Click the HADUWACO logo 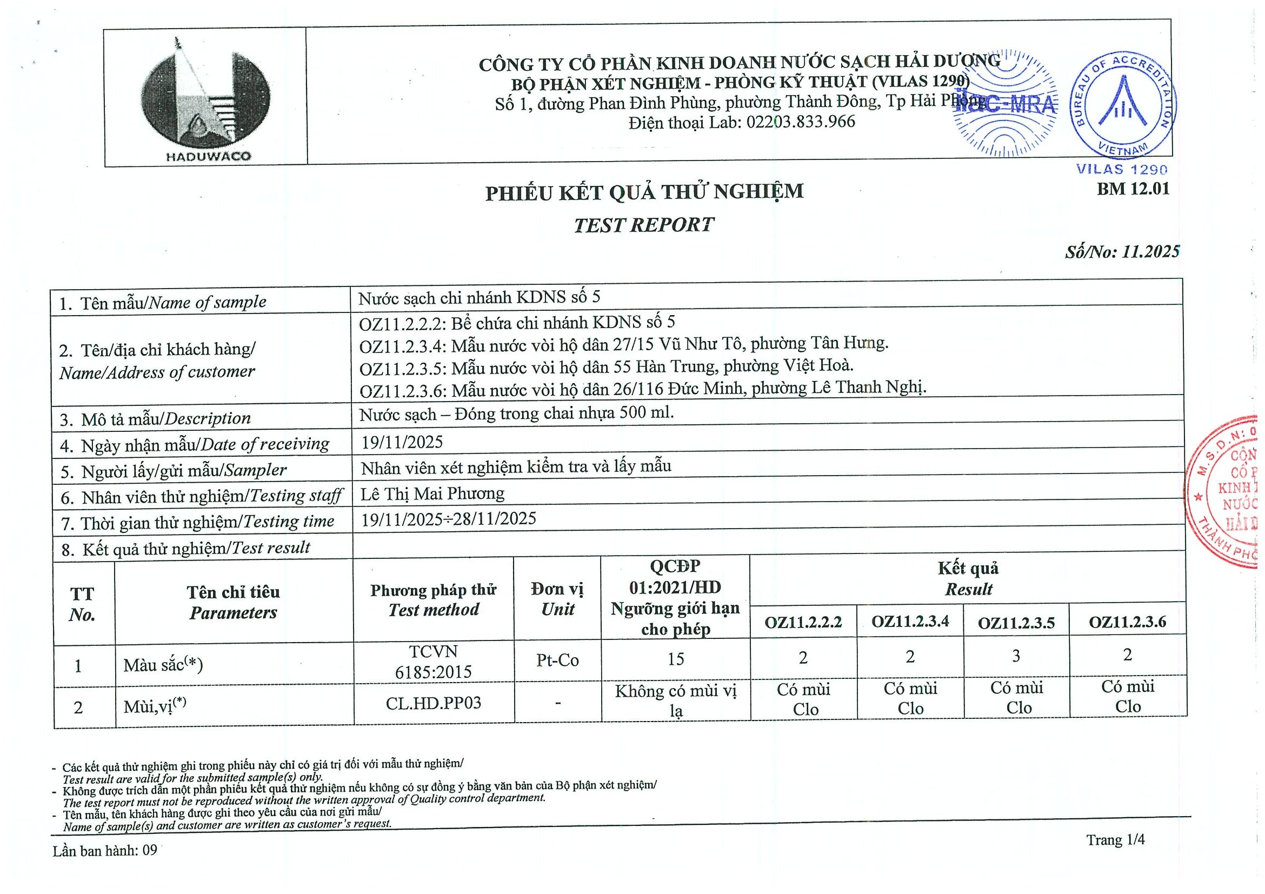click(x=205, y=99)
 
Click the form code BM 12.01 click(x=1133, y=189)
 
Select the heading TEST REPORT click(x=643, y=225)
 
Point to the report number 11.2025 click(x=1150, y=252)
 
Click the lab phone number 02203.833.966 click(x=801, y=122)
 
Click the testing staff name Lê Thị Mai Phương click(x=432, y=493)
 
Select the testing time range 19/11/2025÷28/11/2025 click(x=449, y=519)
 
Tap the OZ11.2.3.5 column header click(x=1016, y=623)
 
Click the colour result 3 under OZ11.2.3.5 click(x=1016, y=656)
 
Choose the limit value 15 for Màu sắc click(x=675, y=659)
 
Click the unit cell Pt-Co click(x=557, y=660)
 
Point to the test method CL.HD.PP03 click(x=434, y=703)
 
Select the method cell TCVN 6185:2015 click(x=434, y=662)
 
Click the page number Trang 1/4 click(x=1115, y=840)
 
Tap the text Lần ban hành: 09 click(x=105, y=851)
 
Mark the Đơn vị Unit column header click(x=557, y=599)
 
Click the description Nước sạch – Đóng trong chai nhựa click(x=516, y=413)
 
